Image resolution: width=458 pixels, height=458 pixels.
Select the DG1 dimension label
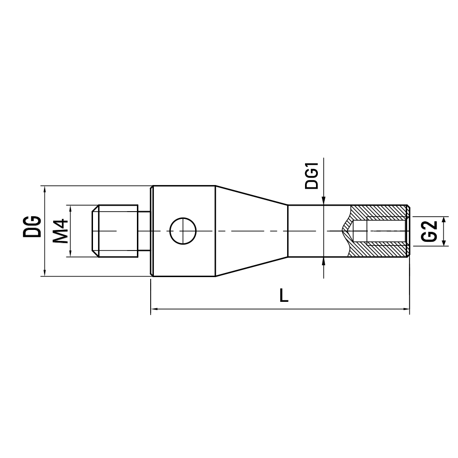pos(312,178)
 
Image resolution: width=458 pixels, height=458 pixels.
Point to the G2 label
pos(428,231)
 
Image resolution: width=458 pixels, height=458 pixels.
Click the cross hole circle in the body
pos(183,231)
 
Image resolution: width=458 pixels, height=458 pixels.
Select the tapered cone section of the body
pos(251,231)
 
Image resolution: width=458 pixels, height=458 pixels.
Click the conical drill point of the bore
pos(349,231)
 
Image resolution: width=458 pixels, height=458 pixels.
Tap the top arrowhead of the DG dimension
pos(44,189)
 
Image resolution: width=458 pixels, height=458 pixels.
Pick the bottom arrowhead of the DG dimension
pos(44,273)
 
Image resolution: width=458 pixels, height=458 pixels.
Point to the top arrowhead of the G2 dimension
pos(443,218)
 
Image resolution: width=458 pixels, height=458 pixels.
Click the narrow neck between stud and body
pos(144,231)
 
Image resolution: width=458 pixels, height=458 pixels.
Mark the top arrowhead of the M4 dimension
pos(71,208)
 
